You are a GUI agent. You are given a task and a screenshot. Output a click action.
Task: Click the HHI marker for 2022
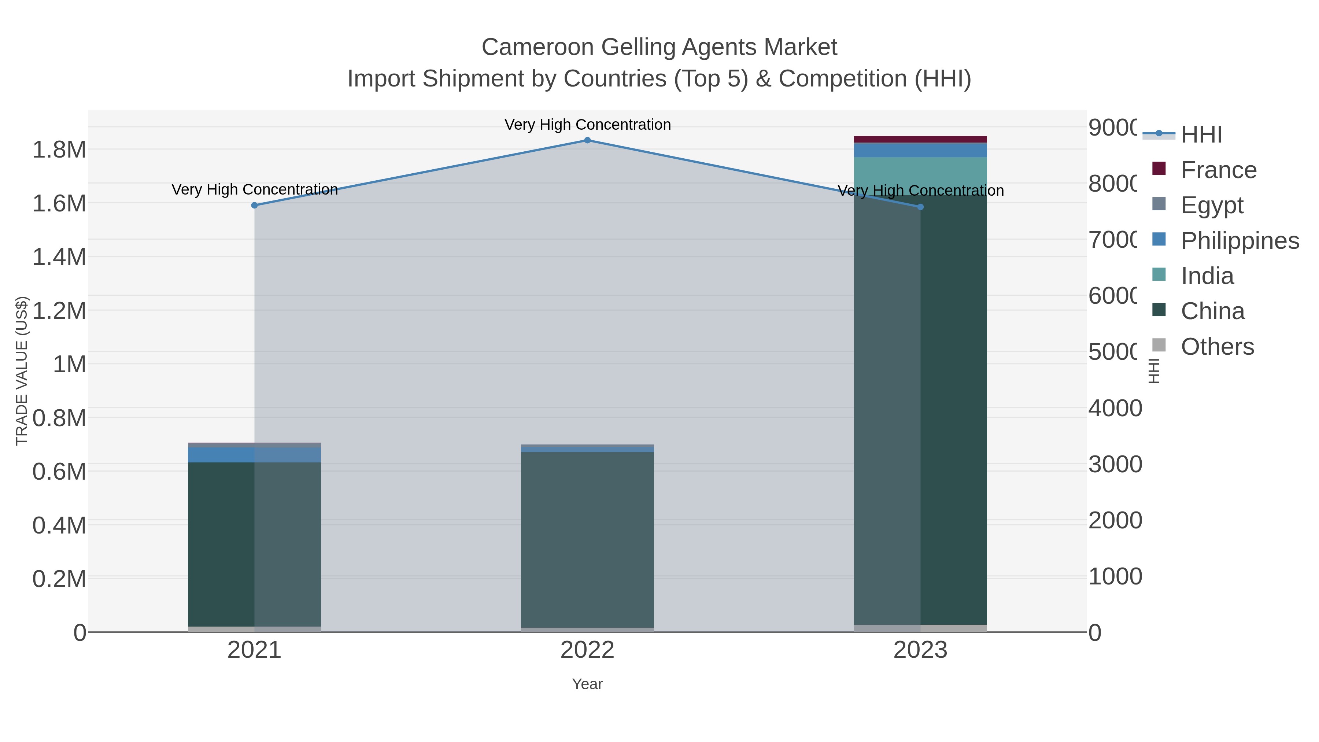[x=587, y=140]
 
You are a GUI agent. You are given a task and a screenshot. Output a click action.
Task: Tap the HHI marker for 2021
[x=255, y=205]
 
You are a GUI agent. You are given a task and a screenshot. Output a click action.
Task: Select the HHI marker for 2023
[x=920, y=207]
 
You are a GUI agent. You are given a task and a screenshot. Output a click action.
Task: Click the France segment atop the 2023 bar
[x=920, y=139]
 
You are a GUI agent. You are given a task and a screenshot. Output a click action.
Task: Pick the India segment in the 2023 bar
[x=920, y=176]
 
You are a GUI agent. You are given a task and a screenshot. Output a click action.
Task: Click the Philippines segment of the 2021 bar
[x=255, y=455]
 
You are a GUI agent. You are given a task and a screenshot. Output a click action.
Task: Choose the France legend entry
[x=1218, y=170]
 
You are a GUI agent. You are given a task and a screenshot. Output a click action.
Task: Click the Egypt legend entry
[x=1212, y=205]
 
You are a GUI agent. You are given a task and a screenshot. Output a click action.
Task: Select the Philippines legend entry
[x=1239, y=241]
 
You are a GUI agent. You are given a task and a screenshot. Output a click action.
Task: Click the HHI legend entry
[x=1201, y=135]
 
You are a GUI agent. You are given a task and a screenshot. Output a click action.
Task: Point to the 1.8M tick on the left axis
[x=59, y=149]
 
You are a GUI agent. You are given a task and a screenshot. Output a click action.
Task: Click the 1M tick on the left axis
[x=70, y=364]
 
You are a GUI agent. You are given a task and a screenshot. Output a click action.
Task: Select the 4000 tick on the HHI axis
[x=1115, y=408]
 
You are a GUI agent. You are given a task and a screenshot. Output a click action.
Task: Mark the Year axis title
[x=587, y=684]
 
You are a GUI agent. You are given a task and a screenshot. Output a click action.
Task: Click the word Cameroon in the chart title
[x=537, y=47]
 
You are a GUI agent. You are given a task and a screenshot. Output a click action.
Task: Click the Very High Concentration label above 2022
[x=587, y=125]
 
